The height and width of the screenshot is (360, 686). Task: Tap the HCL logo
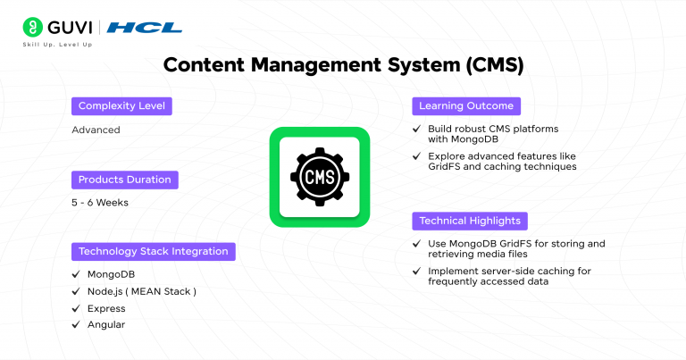point(144,28)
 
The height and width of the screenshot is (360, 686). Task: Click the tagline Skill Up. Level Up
point(60,45)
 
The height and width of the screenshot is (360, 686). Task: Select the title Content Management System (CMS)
point(343,65)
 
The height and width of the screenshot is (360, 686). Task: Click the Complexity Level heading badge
point(121,106)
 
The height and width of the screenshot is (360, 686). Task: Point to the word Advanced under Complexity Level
point(96,130)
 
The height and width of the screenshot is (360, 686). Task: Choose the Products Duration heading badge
point(124,180)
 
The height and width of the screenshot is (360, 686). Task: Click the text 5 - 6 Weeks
point(99,202)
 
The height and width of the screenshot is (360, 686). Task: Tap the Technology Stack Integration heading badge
point(153,251)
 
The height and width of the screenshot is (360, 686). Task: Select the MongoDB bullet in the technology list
point(111,274)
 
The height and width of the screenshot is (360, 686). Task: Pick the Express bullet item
point(105,308)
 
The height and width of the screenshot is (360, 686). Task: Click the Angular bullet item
point(105,325)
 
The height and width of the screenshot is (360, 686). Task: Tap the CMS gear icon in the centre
point(320,177)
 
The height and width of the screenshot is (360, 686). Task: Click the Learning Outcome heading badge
point(466,106)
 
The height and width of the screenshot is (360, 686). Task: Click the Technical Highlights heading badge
point(470,221)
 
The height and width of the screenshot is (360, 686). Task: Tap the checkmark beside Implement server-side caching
point(417,271)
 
